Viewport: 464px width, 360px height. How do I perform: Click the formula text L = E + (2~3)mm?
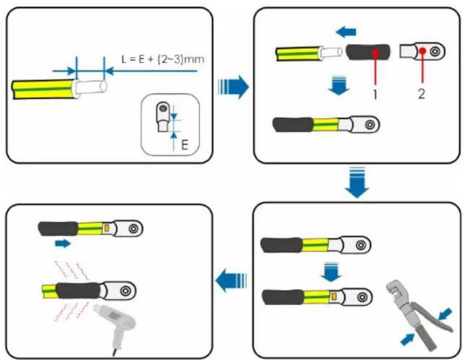point(163,59)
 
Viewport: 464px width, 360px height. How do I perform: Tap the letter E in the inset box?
point(185,145)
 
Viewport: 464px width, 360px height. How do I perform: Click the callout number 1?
point(375,94)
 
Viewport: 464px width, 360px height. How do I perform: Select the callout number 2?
point(422,94)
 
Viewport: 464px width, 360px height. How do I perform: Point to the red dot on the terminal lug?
point(422,51)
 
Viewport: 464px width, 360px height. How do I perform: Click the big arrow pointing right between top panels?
point(233,87)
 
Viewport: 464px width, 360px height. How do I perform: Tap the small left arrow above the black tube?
point(346,32)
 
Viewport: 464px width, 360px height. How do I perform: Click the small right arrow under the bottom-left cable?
point(63,244)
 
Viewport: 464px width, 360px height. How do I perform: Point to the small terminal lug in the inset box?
point(162,117)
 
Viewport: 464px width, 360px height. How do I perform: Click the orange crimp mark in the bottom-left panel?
point(107,228)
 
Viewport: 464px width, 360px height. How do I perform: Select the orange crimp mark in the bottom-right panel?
point(334,296)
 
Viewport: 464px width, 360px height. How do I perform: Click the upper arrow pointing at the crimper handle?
point(445,314)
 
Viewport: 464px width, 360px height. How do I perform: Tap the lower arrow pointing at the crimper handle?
point(407,339)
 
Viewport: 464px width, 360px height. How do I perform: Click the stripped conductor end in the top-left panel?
point(91,87)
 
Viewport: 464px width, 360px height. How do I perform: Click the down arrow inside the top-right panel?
point(339,86)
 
